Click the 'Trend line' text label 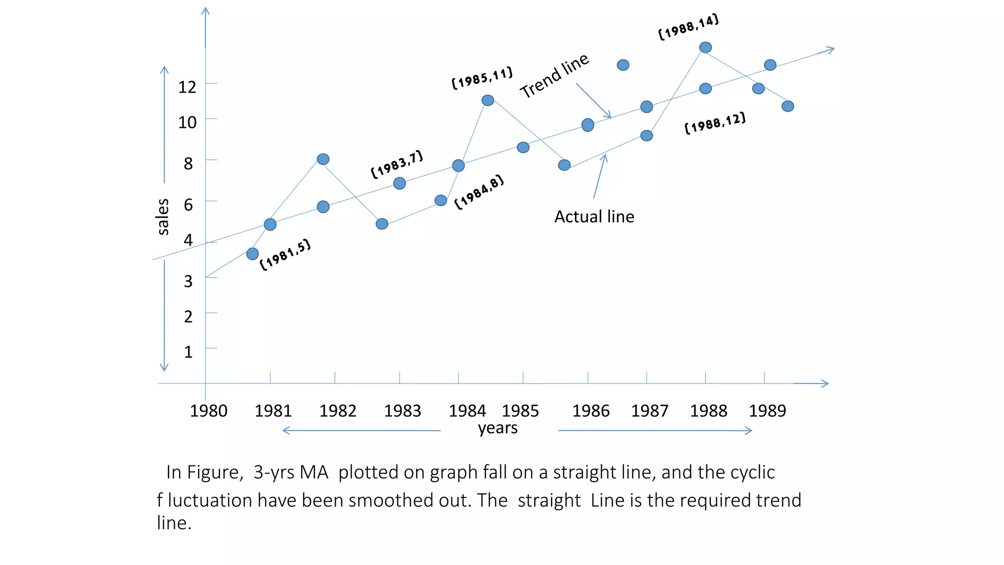point(554,76)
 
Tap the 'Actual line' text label point(594,216)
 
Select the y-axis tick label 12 point(187,87)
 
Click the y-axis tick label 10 point(187,123)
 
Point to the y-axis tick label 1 point(188,352)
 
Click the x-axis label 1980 point(208,411)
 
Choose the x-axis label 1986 point(591,411)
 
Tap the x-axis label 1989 point(767,411)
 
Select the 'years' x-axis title point(498,428)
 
